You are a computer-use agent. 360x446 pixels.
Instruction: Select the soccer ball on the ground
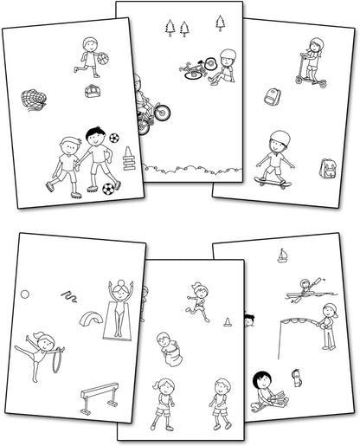tap(108, 188)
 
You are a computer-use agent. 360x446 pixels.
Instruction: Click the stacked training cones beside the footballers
tap(129, 159)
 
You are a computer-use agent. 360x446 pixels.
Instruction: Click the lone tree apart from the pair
tap(221, 23)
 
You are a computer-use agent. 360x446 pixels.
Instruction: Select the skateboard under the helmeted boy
tap(273, 179)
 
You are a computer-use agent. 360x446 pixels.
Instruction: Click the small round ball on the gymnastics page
tap(24, 294)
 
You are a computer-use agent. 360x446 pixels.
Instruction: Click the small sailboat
tap(281, 255)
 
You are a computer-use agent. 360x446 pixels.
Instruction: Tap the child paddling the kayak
tap(304, 290)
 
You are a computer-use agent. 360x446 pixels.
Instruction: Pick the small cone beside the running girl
tap(228, 322)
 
